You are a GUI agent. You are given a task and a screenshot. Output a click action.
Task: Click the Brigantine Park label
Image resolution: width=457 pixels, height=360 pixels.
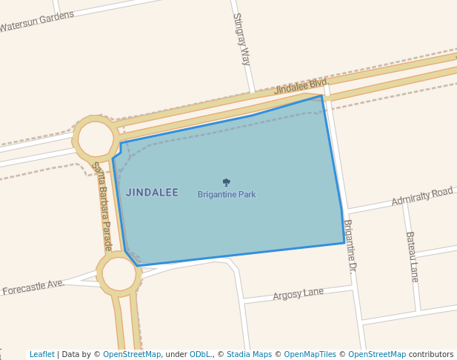tap(227, 195)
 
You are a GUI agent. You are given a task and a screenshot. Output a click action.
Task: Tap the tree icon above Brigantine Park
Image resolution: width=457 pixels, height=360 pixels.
tap(227, 182)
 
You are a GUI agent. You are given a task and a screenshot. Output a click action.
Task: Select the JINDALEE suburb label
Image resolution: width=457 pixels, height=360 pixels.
tap(152, 193)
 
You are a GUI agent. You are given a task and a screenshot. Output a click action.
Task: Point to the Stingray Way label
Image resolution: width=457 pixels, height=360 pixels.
tap(241, 39)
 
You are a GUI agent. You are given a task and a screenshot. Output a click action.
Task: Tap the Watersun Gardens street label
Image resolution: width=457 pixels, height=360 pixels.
tap(37, 21)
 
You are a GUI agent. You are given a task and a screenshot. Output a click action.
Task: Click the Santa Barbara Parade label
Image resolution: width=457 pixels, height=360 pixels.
tap(101, 206)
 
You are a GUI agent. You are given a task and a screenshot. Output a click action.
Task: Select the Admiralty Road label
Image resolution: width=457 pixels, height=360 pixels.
tap(421, 196)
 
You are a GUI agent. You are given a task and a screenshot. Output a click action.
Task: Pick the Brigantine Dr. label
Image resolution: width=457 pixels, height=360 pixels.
tap(350, 247)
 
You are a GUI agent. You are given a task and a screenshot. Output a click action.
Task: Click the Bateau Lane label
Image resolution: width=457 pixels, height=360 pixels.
tap(412, 256)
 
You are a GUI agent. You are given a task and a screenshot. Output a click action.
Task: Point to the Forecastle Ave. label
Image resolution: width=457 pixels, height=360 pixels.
tap(33, 287)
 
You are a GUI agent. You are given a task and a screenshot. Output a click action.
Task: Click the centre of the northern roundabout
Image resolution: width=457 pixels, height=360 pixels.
tap(96, 139)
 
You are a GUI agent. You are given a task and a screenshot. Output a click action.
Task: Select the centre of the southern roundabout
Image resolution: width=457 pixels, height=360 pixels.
tap(119, 274)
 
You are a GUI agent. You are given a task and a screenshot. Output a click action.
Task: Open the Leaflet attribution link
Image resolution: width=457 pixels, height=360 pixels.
tap(41, 354)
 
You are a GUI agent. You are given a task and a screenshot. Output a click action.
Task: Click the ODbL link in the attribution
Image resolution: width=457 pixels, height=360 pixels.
tap(200, 354)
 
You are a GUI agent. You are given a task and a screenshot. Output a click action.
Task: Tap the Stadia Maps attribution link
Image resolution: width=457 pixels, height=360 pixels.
tap(249, 354)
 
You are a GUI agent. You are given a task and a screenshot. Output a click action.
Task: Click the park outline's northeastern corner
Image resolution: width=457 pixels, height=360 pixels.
tap(321, 96)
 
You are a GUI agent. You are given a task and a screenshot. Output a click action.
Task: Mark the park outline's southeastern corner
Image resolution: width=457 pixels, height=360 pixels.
tap(344, 243)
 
